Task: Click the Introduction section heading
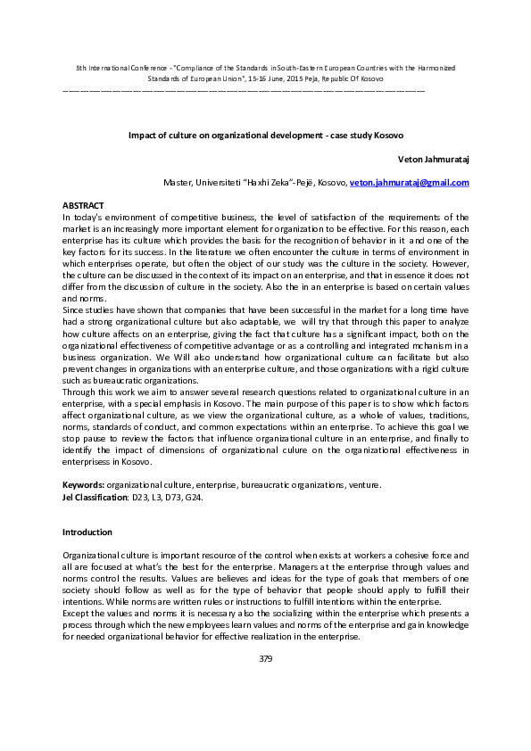(87, 532)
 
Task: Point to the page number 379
(265, 659)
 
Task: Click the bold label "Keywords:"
(83, 485)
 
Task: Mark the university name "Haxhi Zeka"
(264, 183)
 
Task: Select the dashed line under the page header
(243, 90)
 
